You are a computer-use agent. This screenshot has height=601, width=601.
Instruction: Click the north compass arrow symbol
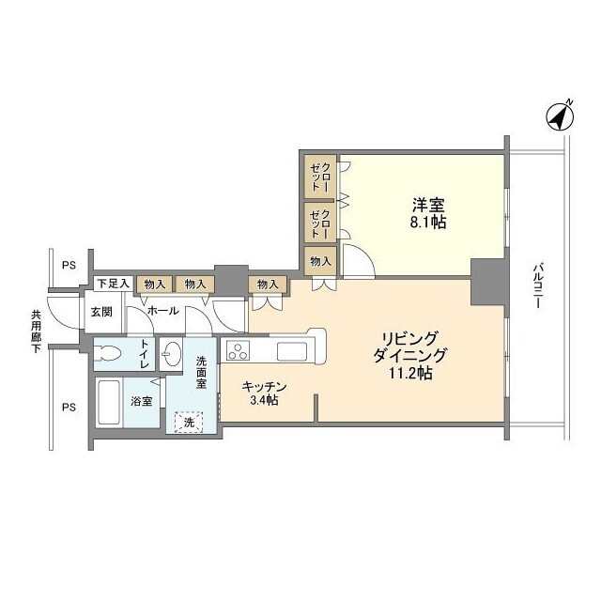click(x=561, y=116)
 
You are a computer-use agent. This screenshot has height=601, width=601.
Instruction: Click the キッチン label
click(x=263, y=386)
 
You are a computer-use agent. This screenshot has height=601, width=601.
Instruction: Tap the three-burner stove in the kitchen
click(x=237, y=353)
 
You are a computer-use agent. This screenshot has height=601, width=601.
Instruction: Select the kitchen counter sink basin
click(x=290, y=352)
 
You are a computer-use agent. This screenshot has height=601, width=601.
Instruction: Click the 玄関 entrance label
click(x=101, y=312)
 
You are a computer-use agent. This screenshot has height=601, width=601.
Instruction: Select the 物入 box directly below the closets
click(x=319, y=260)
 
